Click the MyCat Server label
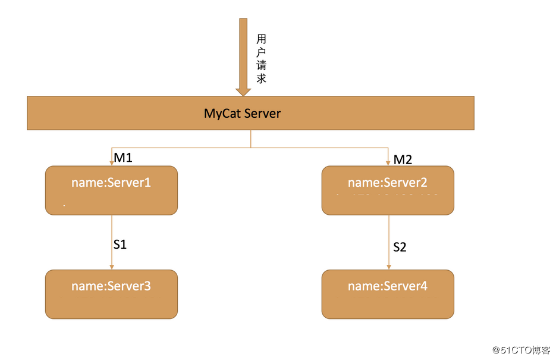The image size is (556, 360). pyautogui.click(x=242, y=113)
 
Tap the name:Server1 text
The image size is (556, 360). pyautogui.click(x=111, y=182)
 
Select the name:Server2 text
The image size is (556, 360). pyautogui.click(x=387, y=182)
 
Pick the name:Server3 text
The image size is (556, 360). pyautogui.click(x=111, y=286)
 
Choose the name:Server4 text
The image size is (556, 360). pyautogui.click(x=387, y=286)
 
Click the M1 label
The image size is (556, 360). pyautogui.click(x=123, y=158)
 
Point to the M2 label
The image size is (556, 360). pyautogui.click(x=403, y=159)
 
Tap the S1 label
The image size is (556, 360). pyautogui.click(x=120, y=244)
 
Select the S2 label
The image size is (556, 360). pyautogui.click(x=400, y=247)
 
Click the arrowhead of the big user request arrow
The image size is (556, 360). pyautogui.click(x=243, y=91)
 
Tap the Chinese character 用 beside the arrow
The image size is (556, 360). pyautogui.click(x=261, y=39)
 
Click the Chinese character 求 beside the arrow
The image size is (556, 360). pyautogui.click(x=261, y=78)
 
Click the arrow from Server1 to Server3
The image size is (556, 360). pyautogui.click(x=112, y=241)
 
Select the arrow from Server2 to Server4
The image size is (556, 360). pyautogui.click(x=389, y=241)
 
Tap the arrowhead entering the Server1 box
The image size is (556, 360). pyautogui.click(x=112, y=162)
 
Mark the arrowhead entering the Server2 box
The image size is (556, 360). pyautogui.click(x=389, y=162)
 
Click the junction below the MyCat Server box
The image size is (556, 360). pyautogui.click(x=250, y=147)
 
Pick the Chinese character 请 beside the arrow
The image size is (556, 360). pyautogui.click(x=261, y=65)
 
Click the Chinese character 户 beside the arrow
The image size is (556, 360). pyautogui.click(x=261, y=52)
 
